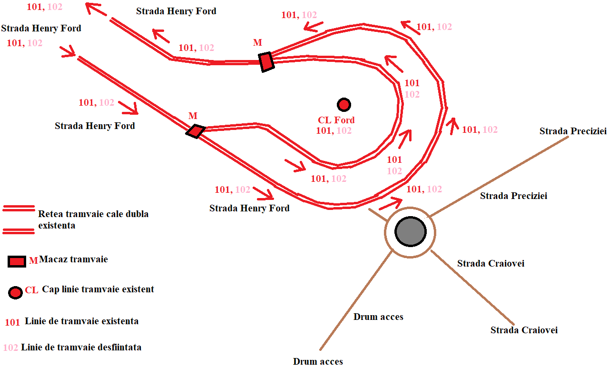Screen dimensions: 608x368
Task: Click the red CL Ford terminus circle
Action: pos(344,105)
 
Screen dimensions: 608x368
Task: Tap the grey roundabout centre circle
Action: pos(411,232)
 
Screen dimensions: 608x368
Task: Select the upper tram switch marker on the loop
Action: pos(266,62)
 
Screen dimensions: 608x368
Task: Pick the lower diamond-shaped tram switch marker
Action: pos(196,131)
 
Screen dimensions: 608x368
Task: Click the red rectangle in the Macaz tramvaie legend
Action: pos(17,262)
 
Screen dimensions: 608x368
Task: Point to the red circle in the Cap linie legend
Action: pos(15,293)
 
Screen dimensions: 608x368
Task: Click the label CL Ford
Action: pos(336,120)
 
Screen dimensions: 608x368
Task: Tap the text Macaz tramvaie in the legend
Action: pos(73,259)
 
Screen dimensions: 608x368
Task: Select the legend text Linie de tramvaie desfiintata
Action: pos(81,348)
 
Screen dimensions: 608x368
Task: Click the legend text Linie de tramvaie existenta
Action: pos(82,321)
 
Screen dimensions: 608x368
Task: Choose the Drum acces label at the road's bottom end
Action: pos(318,361)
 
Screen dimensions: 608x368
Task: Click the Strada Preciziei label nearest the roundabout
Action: pos(513,196)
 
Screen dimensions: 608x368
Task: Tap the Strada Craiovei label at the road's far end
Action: pos(524,330)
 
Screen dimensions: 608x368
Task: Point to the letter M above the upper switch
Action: pos(257,42)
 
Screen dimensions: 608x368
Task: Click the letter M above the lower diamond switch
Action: pos(193,116)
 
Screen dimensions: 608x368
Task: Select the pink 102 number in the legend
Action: pos(10,348)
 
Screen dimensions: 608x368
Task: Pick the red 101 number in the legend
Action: pos(12,322)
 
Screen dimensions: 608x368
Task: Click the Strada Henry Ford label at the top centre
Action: pos(176,11)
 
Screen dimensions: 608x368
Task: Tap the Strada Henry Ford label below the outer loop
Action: pos(249,209)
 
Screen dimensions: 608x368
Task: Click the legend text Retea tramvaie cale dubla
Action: pos(93,214)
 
